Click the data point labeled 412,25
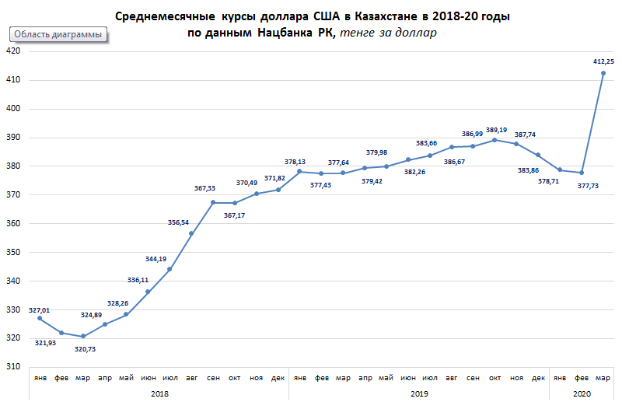tap(603, 73)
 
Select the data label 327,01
tap(39, 310)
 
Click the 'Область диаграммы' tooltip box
tap(58, 35)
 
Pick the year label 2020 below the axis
tap(582, 393)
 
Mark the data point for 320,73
tap(83, 336)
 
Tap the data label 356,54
tap(179, 222)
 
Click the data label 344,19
tap(157, 258)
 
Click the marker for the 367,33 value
tap(213, 202)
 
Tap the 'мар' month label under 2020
tap(603, 376)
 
